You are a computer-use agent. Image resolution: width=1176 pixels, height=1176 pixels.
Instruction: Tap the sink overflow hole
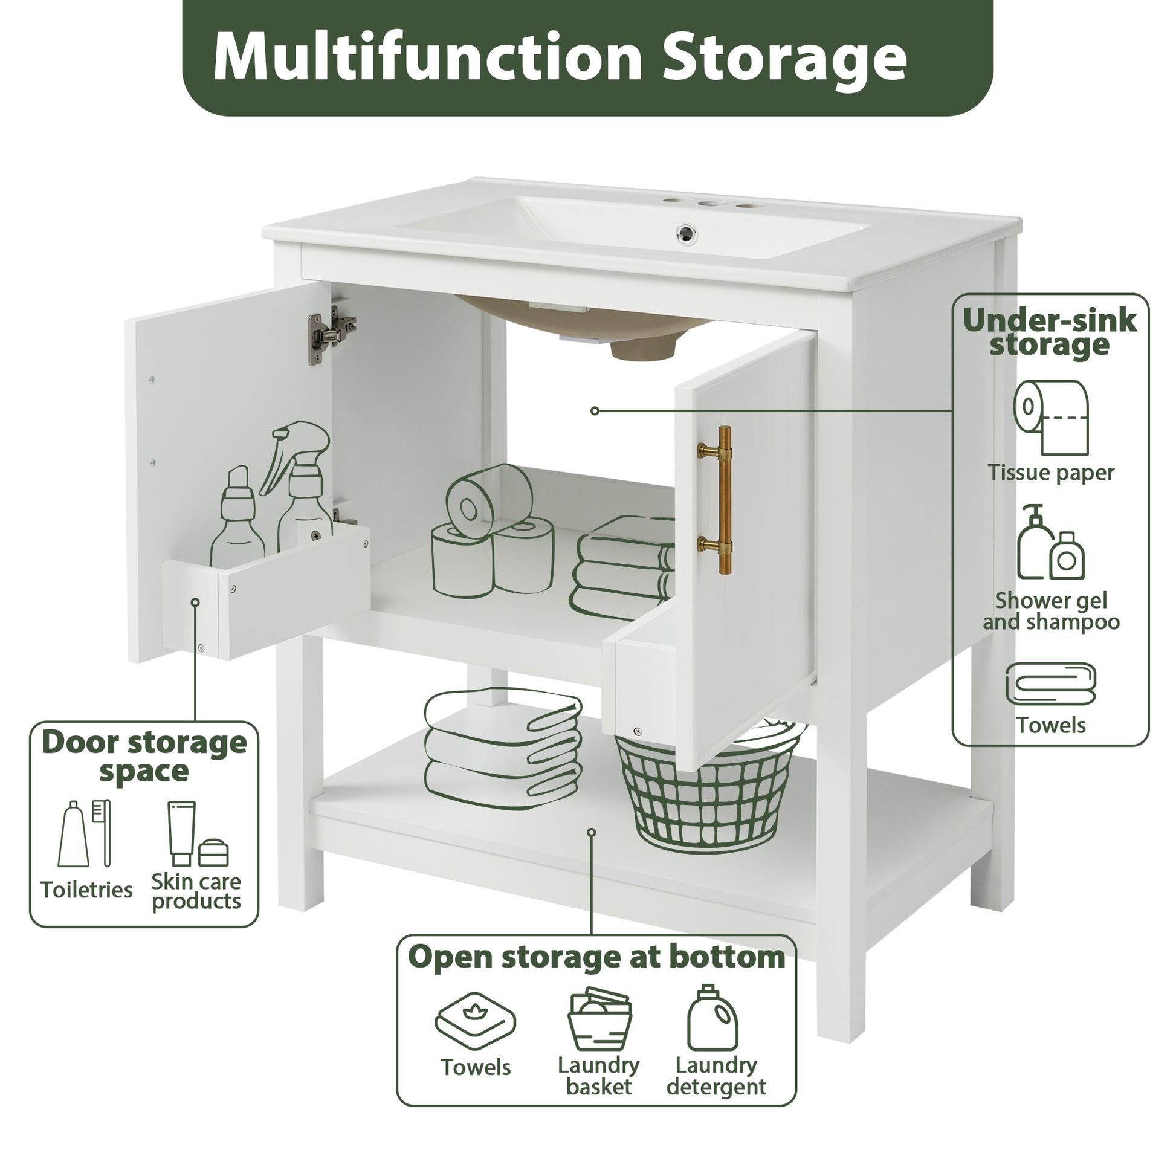click(x=687, y=232)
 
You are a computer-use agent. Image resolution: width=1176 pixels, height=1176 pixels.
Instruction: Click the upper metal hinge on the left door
click(x=331, y=334)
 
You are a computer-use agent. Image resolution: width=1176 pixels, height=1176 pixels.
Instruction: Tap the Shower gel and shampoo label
click(x=1051, y=610)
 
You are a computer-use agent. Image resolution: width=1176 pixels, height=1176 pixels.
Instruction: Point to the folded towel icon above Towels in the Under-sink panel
click(x=1051, y=683)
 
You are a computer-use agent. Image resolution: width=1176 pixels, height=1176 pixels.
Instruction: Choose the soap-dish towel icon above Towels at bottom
click(x=475, y=1021)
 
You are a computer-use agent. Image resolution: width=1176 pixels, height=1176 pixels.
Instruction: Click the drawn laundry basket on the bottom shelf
click(x=706, y=791)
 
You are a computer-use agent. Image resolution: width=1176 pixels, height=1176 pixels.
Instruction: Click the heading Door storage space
click(x=144, y=756)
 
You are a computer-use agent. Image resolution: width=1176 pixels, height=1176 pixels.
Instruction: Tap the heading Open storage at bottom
click(x=596, y=956)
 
